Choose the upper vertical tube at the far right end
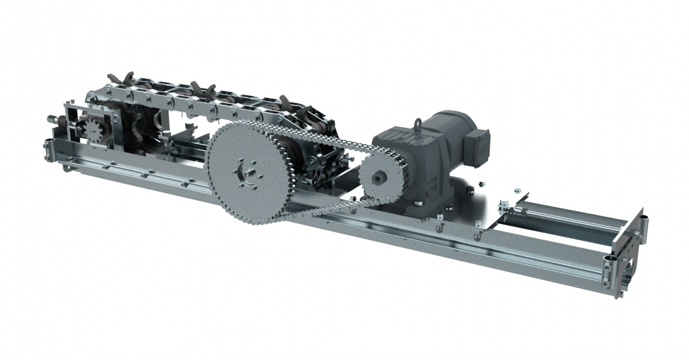point(644,223)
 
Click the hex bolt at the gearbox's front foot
point(418,203)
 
